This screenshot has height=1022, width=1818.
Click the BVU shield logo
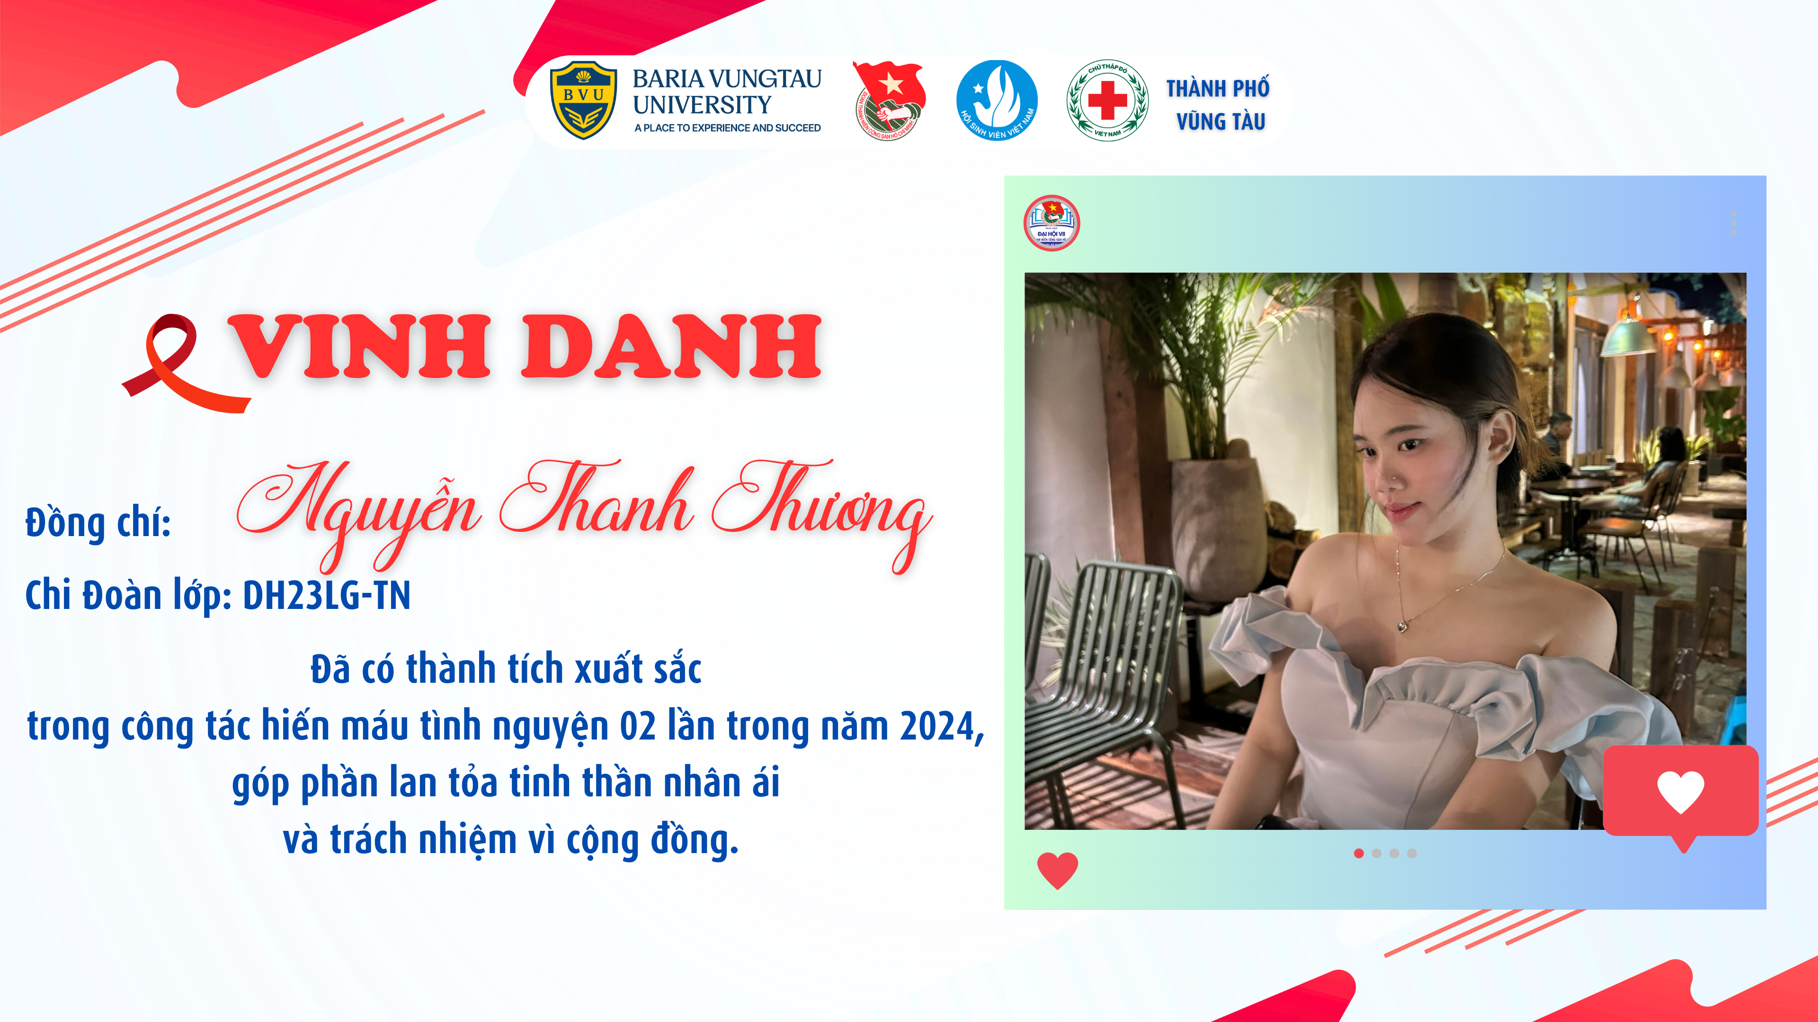pos(583,99)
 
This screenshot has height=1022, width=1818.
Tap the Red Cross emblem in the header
pos(1107,100)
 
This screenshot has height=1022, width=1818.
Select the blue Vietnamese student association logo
pos(997,100)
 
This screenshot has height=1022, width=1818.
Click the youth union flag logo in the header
pos(889,100)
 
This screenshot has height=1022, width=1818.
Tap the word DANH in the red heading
pos(671,346)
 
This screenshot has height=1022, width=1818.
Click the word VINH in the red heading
pos(359,346)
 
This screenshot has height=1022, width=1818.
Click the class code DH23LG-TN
pos(327,595)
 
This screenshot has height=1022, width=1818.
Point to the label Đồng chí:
pos(98,523)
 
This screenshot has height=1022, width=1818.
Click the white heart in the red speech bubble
pos(1680,792)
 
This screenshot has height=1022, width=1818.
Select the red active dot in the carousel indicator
pos(1359,854)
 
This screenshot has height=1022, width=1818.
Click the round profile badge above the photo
pos(1052,223)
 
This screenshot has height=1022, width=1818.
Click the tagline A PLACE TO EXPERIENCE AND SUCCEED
pos(727,128)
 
